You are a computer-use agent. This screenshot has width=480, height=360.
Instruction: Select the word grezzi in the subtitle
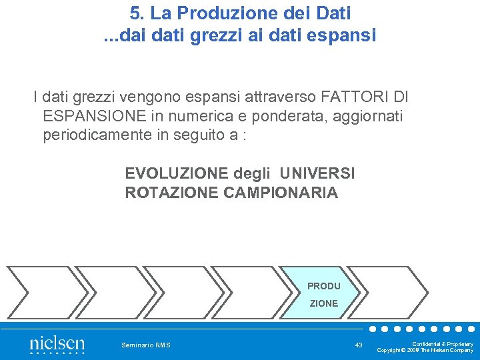pyautogui.click(x=208, y=35)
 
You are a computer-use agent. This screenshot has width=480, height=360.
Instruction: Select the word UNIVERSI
pyautogui.click(x=317, y=174)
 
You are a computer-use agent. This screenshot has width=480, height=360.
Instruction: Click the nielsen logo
pyautogui.click(x=57, y=345)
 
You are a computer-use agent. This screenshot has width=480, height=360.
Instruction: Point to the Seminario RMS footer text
pyautogui.click(x=146, y=345)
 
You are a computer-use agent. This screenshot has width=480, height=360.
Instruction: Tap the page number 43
pyautogui.click(x=359, y=345)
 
